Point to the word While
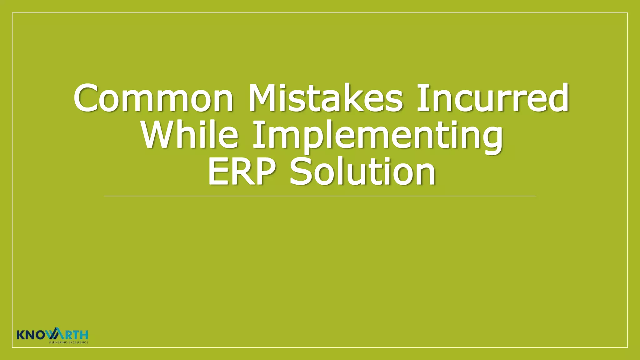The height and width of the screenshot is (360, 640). (189, 135)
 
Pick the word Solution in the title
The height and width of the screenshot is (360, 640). (362, 172)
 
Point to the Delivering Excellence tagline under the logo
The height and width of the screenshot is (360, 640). (68, 342)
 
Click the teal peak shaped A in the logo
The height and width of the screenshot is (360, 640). (60, 334)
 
